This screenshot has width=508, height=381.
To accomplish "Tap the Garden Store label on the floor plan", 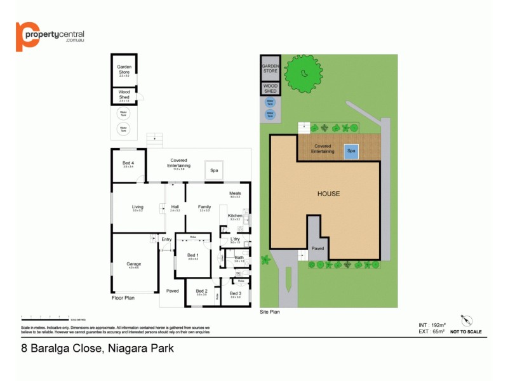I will (124, 69).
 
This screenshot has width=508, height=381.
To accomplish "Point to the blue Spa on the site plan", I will (351, 151).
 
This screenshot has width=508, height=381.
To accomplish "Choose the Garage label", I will (133, 264).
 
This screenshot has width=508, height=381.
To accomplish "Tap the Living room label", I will (138, 207).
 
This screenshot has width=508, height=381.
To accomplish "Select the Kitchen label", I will (235, 217).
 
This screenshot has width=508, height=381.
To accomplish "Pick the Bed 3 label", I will (235, 293).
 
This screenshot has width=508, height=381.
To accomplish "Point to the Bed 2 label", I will (201, 292).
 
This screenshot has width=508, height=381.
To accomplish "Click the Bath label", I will (239, 258).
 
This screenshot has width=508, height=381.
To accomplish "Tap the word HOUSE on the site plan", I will (328, 194).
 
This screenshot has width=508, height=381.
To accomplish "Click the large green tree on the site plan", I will (302, 74).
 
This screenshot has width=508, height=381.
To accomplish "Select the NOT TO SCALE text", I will (465, 331).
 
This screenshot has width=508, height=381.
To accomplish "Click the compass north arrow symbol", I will (467, 319).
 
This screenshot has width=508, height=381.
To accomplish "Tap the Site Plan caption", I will (270, 312).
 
